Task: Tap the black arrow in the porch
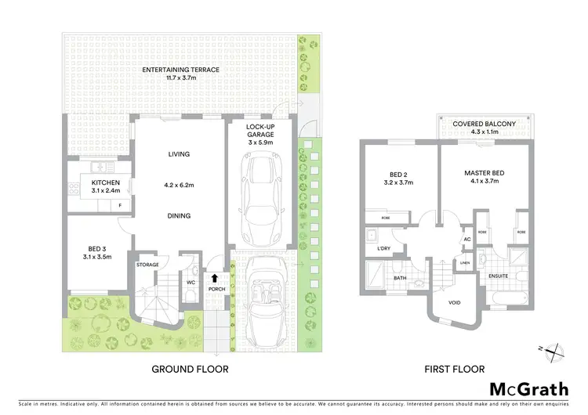point(216,277)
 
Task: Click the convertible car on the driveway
point(267,297)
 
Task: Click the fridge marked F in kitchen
point(120,205)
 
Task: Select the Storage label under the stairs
point(149,265)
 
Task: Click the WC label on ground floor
point(190,283)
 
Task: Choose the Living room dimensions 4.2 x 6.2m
point(179,185)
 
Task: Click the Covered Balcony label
point(484,125)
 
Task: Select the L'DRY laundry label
point(384,248)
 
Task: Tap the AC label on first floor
point(467,240)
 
